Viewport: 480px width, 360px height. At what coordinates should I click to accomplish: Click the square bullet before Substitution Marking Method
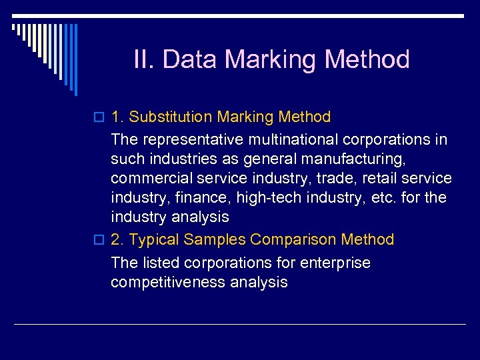point(100,118)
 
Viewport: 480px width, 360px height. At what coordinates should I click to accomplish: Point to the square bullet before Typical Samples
point(100,240)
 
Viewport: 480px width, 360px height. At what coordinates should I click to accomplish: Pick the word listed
point(157,263)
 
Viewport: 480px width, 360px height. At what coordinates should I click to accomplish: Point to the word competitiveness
point(168,282)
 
